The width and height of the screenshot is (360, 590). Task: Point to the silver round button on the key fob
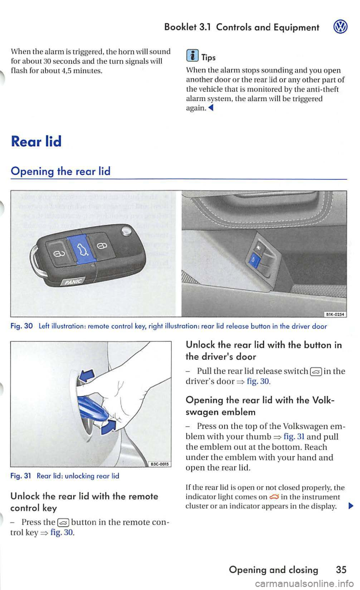pyautogui.click(x=126, y=232)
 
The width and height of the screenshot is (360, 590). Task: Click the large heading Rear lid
pyautogui.click(x=37, y=141)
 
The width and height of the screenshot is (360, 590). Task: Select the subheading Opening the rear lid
pyautogui.click(x=61, y=172)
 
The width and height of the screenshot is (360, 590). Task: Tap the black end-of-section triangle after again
pyautogui.click(x=211, y=108)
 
